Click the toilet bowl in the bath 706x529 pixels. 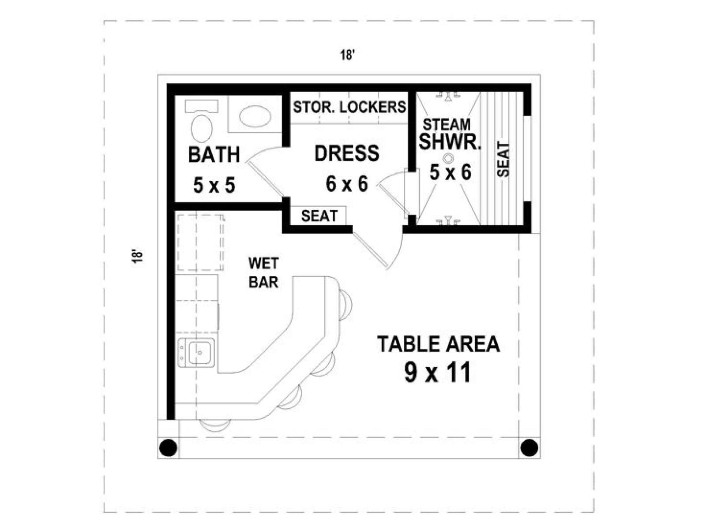pos(202,128)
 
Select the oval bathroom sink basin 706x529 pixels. pos(255,116)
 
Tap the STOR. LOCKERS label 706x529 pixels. pos(349,107)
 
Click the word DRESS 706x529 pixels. pos(347,153)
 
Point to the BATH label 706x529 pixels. pos(214,154)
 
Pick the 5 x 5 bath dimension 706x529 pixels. pos(214,185)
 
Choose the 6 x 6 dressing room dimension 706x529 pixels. pos(347,184)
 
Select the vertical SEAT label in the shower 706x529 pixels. pos(503,160)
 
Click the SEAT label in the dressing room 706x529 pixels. pos(319,216)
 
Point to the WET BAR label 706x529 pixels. pos(264,273)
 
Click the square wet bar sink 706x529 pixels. pos(200,352)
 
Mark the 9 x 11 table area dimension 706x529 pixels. pos(438,372)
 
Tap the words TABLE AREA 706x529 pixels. pos(439,344)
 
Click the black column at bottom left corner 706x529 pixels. pos(169,447)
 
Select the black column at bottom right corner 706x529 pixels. pos(529,447)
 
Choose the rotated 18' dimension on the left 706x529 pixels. pos(137,256)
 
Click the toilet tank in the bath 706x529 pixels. pos(202,106)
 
